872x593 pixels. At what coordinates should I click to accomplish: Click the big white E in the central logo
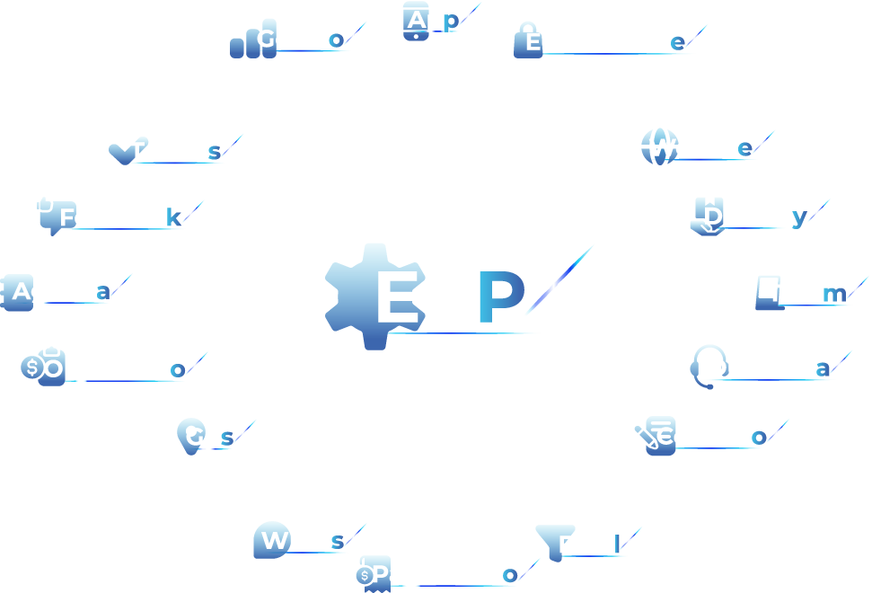tap(401, 297)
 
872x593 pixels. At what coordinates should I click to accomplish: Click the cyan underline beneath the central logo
tap(467, 338)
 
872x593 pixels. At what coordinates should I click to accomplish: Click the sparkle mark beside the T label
tap(231, 146)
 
